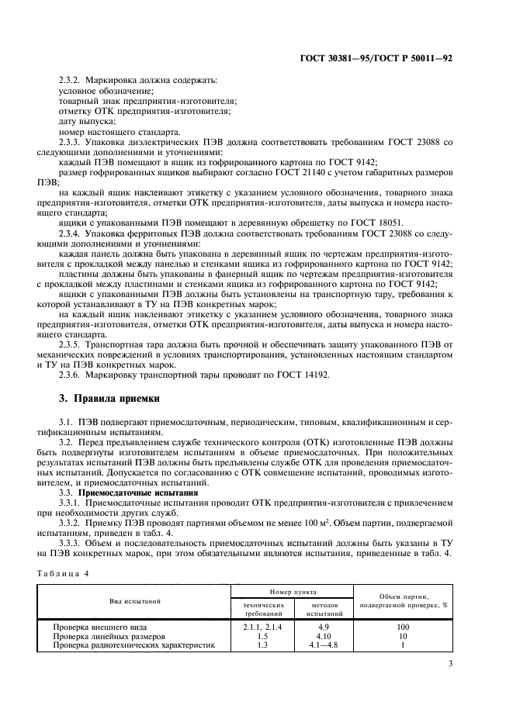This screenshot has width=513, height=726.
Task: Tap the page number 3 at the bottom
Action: click(x=450, y=663)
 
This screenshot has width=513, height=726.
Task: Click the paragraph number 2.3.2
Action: click(x=71, y=80)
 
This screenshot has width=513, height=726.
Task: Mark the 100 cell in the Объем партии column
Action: click(x=402, y=625)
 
